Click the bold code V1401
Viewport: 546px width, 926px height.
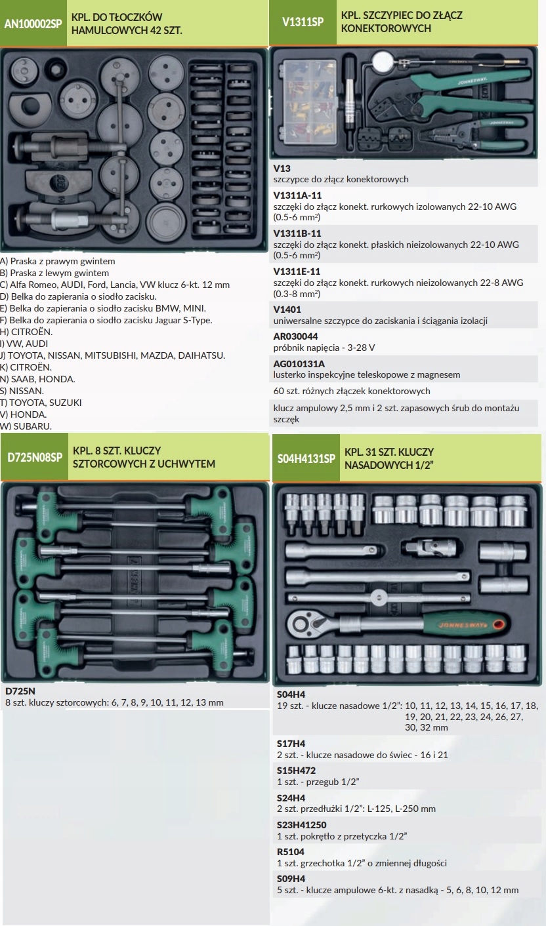[x=287, y=309]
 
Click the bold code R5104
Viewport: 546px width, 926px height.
[x=291, y=851]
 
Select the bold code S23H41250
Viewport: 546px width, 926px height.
[x=301, y=824]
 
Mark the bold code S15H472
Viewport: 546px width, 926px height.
[x=296, y=771]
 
